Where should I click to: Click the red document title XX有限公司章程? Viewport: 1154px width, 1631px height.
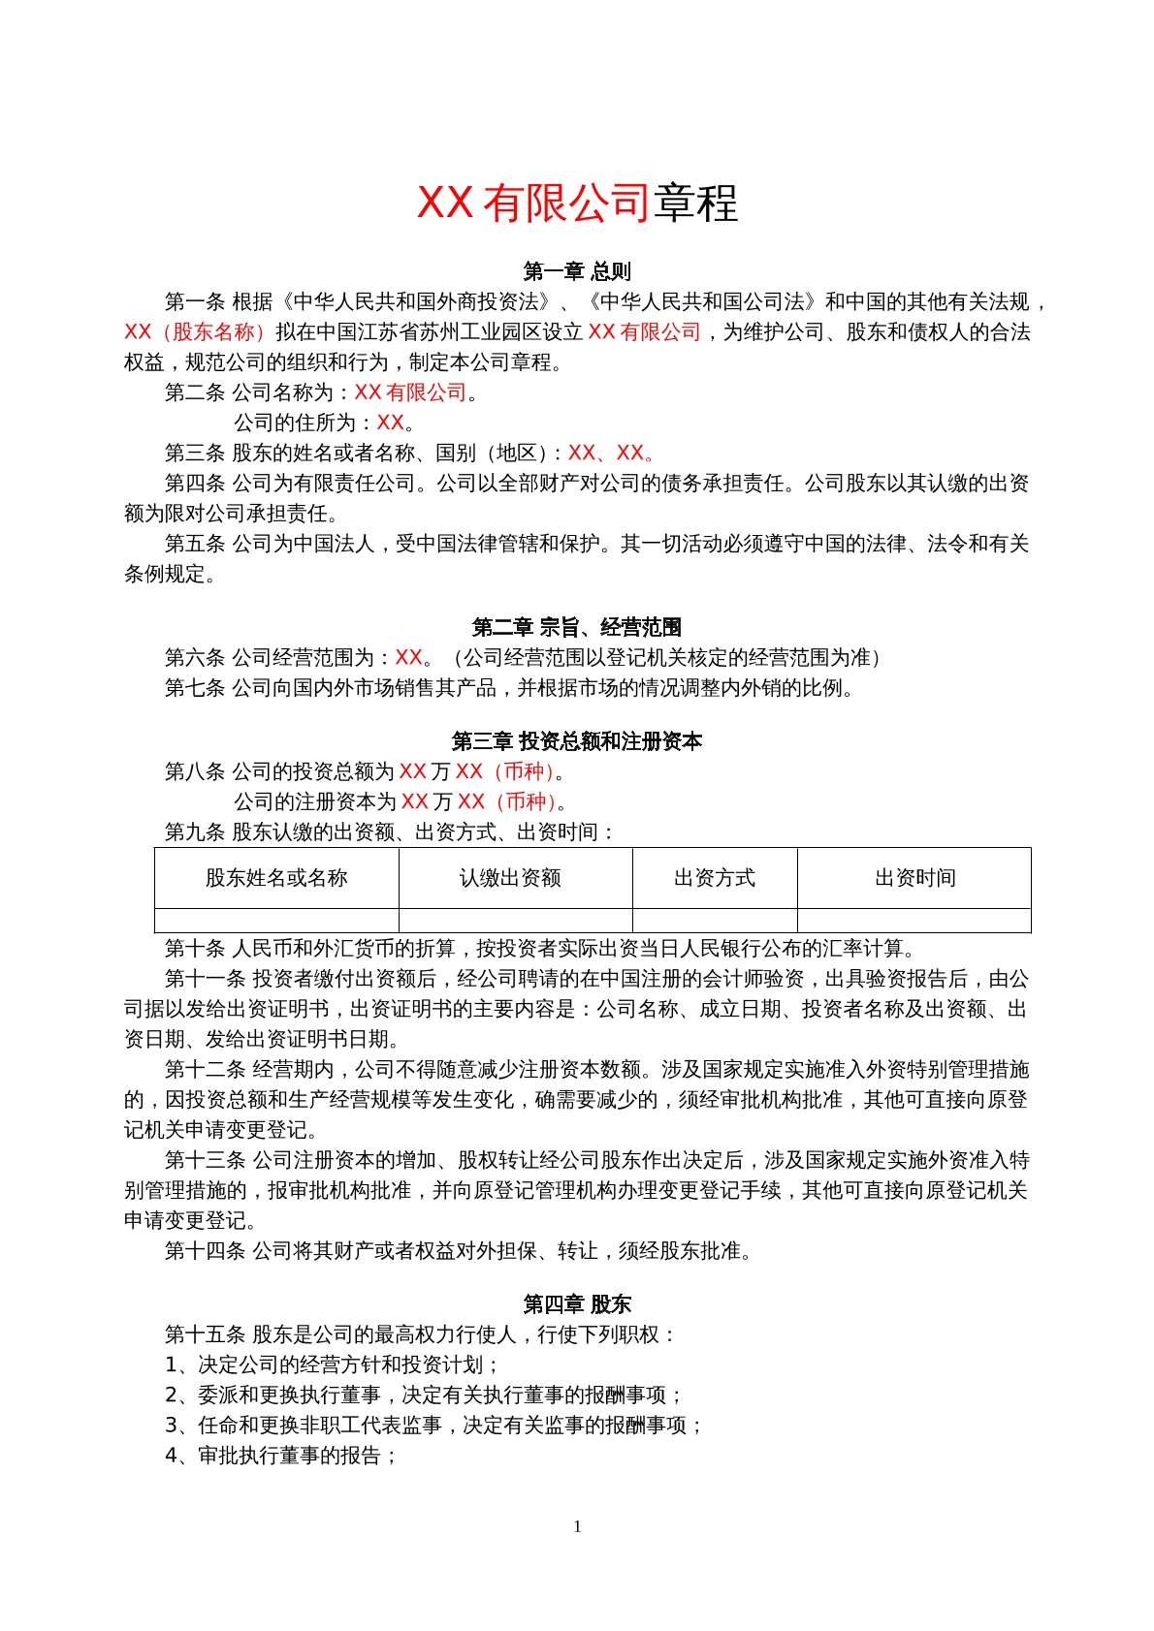(x=576, y=203)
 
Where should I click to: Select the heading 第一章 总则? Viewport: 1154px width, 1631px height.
(x=576, y=271)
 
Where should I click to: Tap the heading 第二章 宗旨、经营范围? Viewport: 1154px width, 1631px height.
(x=576, y=627)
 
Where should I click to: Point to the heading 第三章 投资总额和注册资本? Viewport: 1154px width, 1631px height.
(x=576, y=741)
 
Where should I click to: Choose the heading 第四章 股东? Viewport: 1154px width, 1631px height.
(x=576, y=1304)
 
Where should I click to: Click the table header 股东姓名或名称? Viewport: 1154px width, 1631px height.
(x=276, y=878)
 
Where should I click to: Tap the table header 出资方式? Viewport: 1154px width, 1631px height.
(x=714, y=878)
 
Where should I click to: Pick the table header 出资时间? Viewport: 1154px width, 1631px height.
(x=914, y=878)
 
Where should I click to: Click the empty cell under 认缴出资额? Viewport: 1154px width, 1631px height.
(x=515, y=921)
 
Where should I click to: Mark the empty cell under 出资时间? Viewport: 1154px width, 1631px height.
(x=914, y=921)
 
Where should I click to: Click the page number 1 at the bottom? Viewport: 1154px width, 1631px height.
(x=577, y=1526)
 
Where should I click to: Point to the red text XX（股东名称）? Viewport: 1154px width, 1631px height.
(x=194, y=332)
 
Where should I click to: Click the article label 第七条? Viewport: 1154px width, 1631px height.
(x=195, y=688)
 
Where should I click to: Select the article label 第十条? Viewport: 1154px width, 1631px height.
(x=195, y=948)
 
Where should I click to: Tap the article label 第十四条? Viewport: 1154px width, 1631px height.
(x=205, y=1251)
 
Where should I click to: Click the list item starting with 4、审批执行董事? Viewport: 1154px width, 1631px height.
(x=281, y=1456)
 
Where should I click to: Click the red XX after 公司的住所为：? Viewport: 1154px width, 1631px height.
(x=390, y=423)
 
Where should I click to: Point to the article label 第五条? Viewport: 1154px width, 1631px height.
(x=195, y=544)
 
